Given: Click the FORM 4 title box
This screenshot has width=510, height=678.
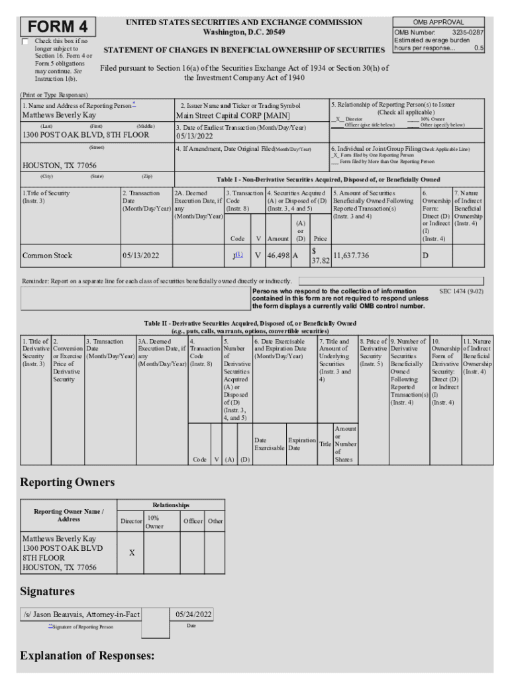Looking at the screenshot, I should coord(58,26).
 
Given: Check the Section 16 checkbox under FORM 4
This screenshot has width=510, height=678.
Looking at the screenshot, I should coord(26,42).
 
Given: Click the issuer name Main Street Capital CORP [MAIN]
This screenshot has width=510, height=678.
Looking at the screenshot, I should coord(224,115).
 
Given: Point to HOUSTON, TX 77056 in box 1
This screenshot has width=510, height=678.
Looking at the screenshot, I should coord(60,166).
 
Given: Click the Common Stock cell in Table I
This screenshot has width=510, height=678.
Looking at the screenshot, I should coord(48,256).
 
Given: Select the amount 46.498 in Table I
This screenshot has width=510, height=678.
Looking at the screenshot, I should coord(278,256).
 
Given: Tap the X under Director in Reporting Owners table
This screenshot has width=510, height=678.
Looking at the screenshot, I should coord(131,552).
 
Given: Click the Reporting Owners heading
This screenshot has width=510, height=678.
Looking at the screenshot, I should coord(68,482).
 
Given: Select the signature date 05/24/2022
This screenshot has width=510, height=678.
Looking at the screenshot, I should coord(193,614).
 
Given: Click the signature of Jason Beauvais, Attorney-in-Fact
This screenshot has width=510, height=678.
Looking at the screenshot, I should coord(81,614).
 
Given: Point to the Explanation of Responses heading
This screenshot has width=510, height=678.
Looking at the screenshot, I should coord(87,656).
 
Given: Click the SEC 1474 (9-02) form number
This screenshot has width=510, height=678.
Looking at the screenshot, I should coord(461,291).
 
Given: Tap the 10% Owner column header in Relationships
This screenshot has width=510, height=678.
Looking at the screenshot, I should coord(154,522).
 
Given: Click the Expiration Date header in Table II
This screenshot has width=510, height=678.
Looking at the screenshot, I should coord(301,444).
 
